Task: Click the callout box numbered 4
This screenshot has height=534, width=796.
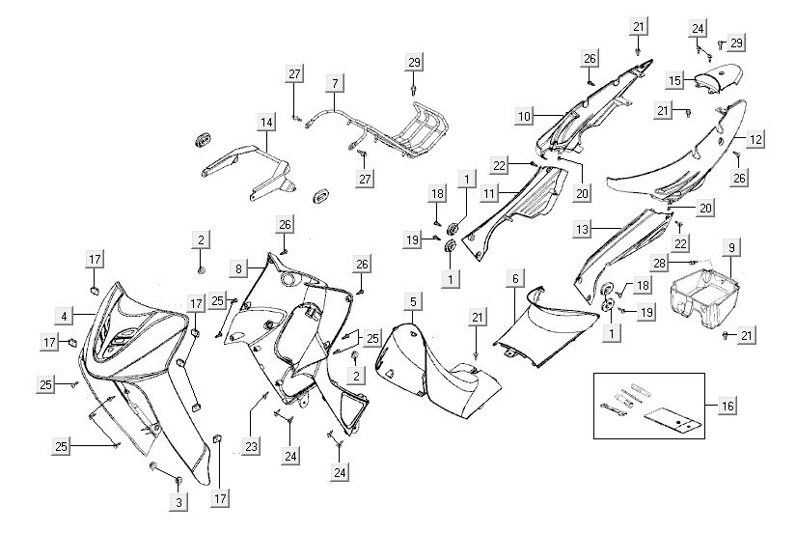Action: [x=64, y=315]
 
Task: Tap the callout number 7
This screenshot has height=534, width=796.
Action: [x=333, y=82]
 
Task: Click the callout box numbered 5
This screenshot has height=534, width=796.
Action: [x=412, y=302]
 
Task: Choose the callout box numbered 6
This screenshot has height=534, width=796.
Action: [x=515, y=278]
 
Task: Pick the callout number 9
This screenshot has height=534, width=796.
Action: [x=731, y=248]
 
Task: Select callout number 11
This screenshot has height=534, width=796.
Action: [x=490, y=193]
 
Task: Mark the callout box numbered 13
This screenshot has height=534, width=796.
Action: [x=608, y=229]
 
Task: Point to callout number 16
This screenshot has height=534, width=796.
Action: [x=727, y=407]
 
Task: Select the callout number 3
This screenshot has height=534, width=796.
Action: [x=178, y=501]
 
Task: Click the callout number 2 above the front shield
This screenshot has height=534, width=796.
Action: [x=200, y=239]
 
